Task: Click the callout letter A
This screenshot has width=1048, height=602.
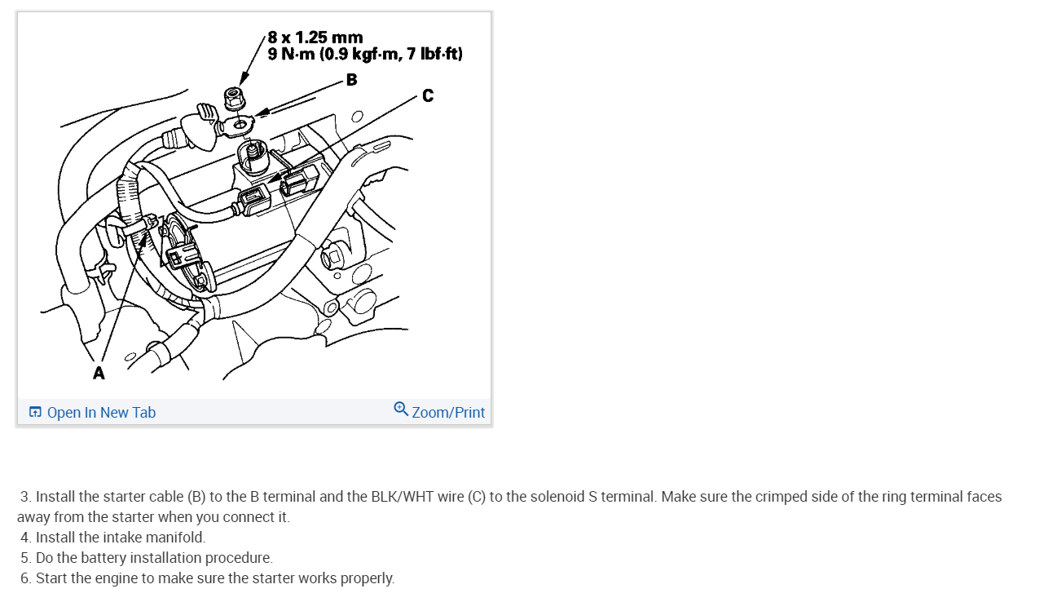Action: point(99,373)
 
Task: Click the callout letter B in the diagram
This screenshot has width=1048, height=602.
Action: point(352,80)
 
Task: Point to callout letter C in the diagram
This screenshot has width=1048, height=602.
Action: point(428,95)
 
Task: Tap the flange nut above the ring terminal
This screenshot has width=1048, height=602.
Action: point(233,98)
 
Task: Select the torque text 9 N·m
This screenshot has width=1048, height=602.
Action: point(291,54)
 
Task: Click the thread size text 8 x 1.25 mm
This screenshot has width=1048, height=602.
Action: point(315,38)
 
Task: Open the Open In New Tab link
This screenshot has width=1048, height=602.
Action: point(101,412)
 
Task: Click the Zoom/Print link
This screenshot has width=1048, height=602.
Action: point(448,412)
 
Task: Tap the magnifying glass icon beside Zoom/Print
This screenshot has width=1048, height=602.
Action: point(400,409)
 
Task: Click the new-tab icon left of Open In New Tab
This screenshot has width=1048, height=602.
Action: point(35,412)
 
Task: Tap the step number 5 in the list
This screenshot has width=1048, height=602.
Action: point(24,557)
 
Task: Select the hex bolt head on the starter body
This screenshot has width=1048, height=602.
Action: point(332,257)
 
